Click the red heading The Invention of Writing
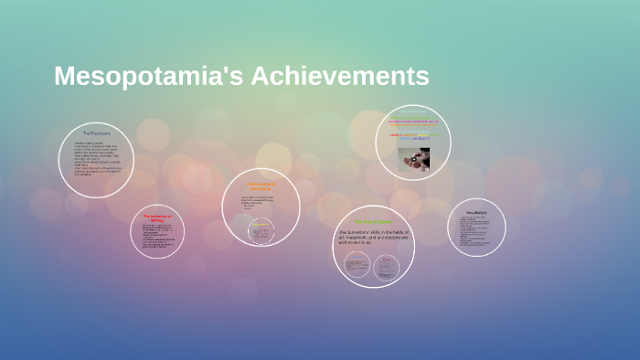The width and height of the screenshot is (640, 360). (156, 218)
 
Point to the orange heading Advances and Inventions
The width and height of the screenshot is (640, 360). (261, 185)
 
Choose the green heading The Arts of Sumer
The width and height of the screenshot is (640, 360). (373, 221)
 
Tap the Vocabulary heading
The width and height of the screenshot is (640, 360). (475, 214)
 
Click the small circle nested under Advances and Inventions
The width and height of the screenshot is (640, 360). (261, 233)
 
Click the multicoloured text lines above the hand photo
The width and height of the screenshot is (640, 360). (412, 128)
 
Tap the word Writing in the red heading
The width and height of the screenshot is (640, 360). (156, 221)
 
